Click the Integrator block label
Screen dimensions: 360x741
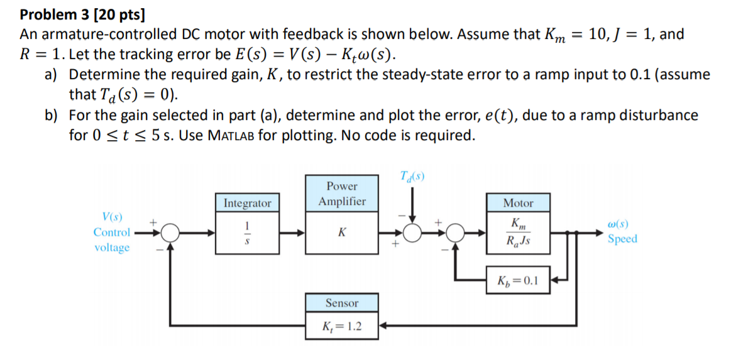click(247, 203)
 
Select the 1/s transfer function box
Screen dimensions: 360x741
click(247, 232)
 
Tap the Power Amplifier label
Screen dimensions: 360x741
click(342, 194)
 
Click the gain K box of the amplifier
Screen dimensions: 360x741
click(342, 232)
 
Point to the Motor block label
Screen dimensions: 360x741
click(518, 203)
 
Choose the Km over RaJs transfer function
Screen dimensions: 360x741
click(518, 232)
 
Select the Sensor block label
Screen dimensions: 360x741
click(342, 303)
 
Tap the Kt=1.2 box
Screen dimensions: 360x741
click(342, 327)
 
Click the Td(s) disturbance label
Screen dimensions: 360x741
click(412, 177)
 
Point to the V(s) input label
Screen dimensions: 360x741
click(111, 217)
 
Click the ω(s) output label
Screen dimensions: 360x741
click(618, 224)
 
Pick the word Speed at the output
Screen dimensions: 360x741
click(622, 239)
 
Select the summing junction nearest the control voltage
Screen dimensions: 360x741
click(169, 233)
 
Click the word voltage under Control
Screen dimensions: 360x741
click(112, 248)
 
